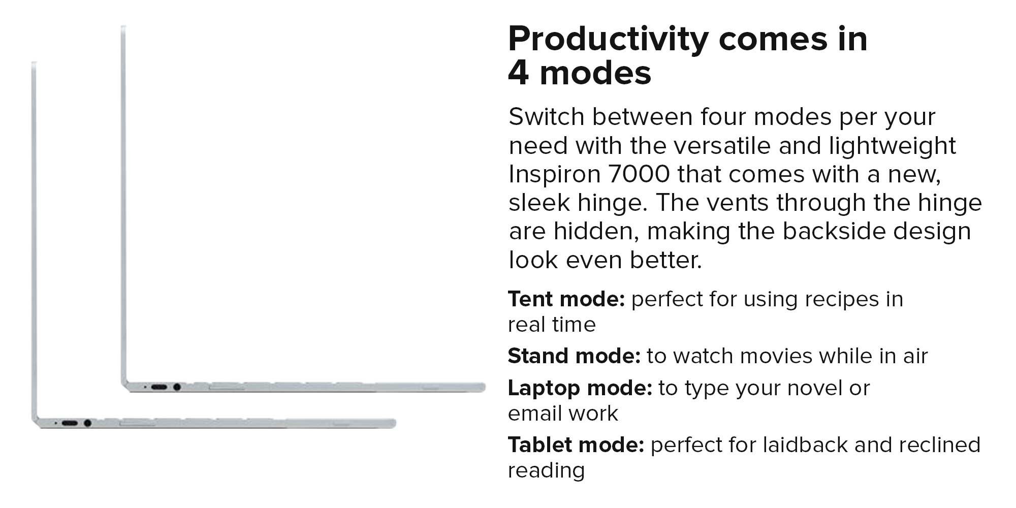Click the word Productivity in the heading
click(x=608, y=40)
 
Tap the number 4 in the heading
click(x=519, y=73)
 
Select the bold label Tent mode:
click(x=566, y=299)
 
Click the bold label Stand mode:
click(x=574, y=356)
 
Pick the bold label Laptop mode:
click(x=580, y=388)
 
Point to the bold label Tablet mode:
click(x=576, y=445)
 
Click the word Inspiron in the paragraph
click(x=554, y=175)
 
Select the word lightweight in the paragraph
click(x=893, y=146)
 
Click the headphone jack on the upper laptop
click(x=177, y=387)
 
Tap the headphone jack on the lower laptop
click(x=87, y=423)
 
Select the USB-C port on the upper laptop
click(x=159, y=387)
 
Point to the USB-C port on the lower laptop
click(x=70, y=423)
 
